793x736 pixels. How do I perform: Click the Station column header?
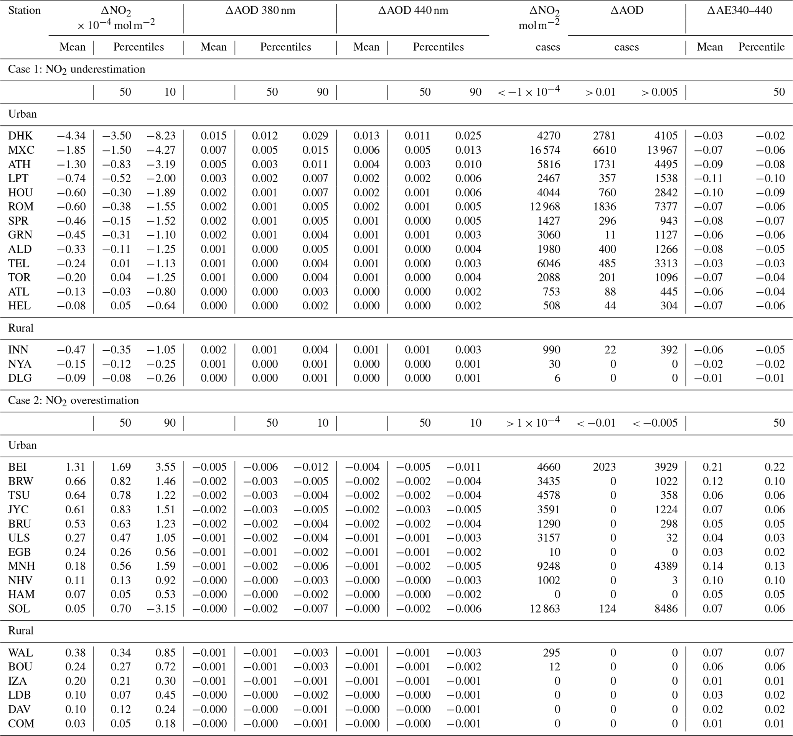click(24, 10)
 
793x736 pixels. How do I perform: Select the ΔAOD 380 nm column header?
click(260, 10)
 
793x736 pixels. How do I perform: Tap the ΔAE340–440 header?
click(739, 10)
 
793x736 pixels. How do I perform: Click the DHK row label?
click(20, 136)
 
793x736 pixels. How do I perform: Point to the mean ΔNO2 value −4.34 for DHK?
click(71, 136)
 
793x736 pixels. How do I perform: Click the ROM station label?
click(21, 207)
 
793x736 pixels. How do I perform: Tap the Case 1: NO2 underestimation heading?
click(76, 69)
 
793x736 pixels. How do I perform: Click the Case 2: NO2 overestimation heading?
click(73, 400)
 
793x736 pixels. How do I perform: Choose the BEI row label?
click(17, 467)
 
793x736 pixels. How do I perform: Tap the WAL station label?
click(20, 653)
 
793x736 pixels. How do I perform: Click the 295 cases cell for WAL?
click(552, 653)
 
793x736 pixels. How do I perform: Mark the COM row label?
click(21, 724)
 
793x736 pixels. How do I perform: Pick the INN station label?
click(18, 350)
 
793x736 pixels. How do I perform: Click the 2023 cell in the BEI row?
click(604, 467)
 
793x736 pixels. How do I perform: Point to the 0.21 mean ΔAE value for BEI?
click(712, 467)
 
